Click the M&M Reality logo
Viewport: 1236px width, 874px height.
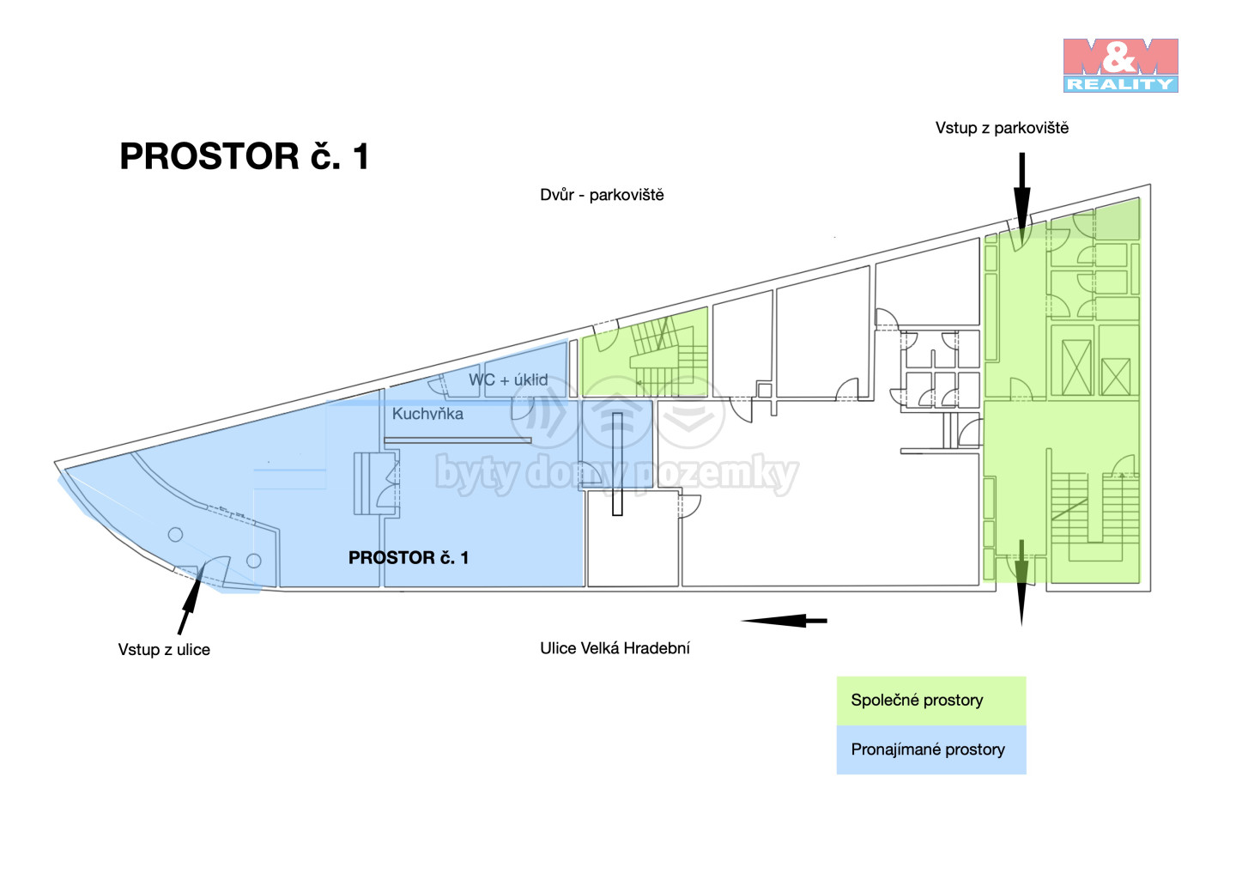[1120, 65]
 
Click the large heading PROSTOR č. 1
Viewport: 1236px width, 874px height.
[245, 156]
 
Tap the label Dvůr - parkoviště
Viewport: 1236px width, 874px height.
[602, 195]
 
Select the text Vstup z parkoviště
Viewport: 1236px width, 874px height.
[1002, 128]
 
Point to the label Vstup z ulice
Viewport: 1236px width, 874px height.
[164, 650]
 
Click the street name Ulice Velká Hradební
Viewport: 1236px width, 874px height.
[615, 648]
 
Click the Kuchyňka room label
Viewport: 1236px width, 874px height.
[427, 414]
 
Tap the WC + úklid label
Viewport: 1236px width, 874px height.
[508, 379]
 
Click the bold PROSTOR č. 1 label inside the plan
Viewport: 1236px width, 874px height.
[409, 558]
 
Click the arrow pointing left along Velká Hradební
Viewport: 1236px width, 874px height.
[784, 620]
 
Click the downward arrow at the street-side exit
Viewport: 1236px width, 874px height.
[1021, 584]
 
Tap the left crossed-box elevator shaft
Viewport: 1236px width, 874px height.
[1076, 367]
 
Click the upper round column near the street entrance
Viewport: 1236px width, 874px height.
[175, 535]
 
